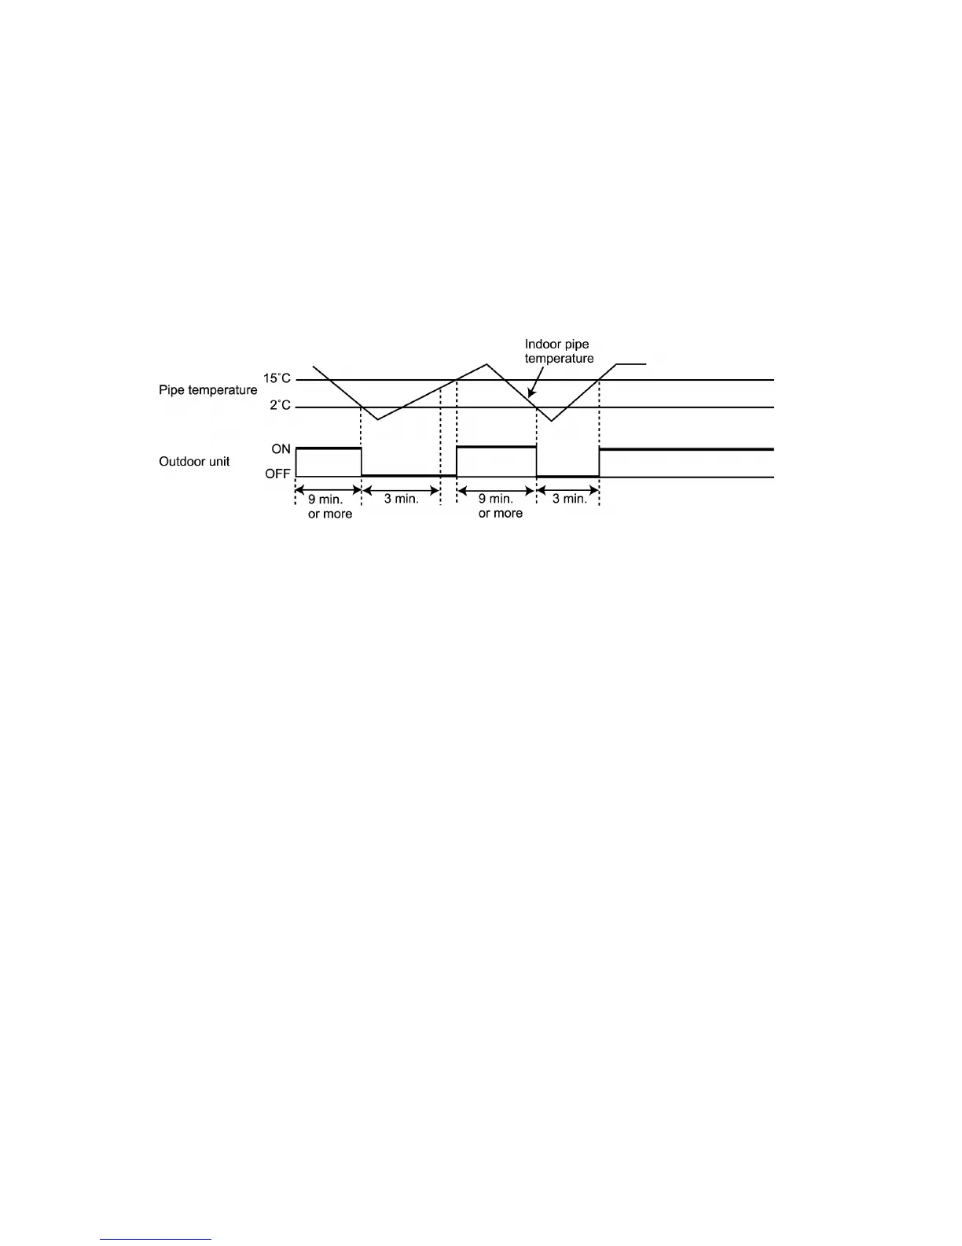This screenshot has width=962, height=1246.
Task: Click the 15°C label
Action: pyautogui.click(x=277, y=378)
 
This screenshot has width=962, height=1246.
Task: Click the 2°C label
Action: pyautogui.click(x=280, y=406)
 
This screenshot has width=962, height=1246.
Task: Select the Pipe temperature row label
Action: pyautogui.click(x=207, y=390)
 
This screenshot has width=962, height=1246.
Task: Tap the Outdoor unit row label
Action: pyautogui.click(x=194, y=462)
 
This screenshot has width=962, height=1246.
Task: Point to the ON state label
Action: pyautogui.click(x=281, y=449)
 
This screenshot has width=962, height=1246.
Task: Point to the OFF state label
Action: pyautogui.click(x=277, y=474)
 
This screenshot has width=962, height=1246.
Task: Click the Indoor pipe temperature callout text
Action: pyautogui.click(x=559, y=352)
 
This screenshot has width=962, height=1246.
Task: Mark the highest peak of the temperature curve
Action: pyautogui.click(x=487, y=364)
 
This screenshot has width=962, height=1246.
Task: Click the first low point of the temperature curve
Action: pyautogui.click(x=378, y=419)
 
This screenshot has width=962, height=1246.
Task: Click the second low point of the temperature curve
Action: pyautogui.click(x=552, y=421)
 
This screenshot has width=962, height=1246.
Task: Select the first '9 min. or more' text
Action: pyautogui.click(x=329, y=507)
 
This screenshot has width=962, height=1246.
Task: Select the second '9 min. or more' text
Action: pyautogui.click(x=500, y=507)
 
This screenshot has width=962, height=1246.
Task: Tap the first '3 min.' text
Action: pyautogui.click(x=401, y=500)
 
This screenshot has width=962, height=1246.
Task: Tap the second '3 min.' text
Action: pyautogui.click(x=570, y=500)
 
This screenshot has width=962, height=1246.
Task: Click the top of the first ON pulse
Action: pyautogui.click(x=329, y=448)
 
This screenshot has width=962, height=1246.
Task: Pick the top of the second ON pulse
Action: pyautogui.click(x=496, y=447)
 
